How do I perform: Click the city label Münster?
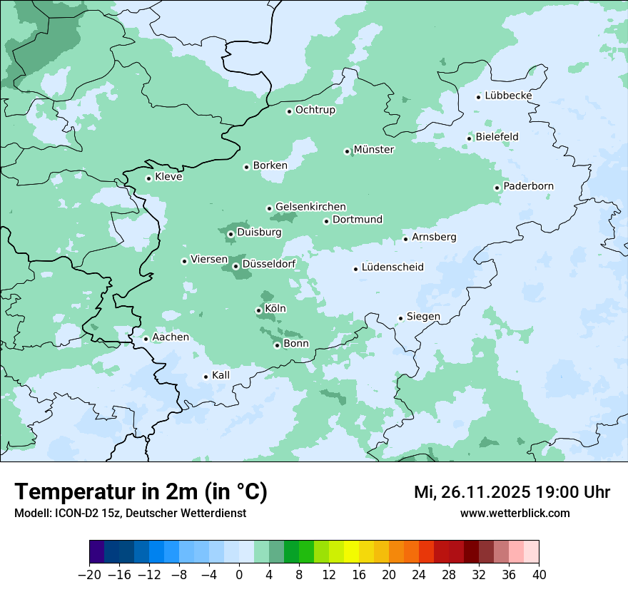click(373, 150)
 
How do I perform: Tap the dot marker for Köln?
click(258, 310)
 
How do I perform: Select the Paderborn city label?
click(528, 187)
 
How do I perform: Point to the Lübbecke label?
click(508, 96)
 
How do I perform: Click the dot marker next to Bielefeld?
click(470, 138)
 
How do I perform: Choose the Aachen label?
click(171, 337)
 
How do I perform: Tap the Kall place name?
click(221, 375)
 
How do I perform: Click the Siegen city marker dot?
click(401, 318)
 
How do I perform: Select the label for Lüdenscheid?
click(392, 267)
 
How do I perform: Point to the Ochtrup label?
click(315, 110)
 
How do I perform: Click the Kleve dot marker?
click(149, 178)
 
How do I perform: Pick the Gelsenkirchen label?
click(310, 207)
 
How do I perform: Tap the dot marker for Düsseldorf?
click(235, 266)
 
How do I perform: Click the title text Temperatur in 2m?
click(141, 491)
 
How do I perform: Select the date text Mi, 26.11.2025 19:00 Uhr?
click(512, 492)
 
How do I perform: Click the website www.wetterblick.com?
click(515, 513)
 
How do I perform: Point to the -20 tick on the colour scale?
click(90, 573)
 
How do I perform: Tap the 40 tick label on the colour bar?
click(539, 573)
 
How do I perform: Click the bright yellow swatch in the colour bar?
click(351, 552)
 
